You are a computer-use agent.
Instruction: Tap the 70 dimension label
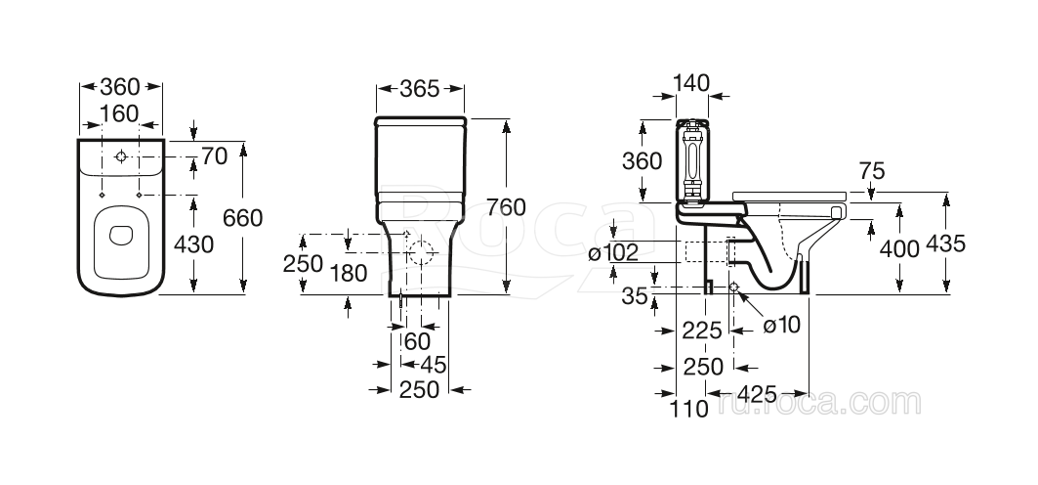(x=216, y=155)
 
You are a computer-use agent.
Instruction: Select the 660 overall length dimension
(x=243, y=217)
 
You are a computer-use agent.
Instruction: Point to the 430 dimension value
(x=194, y=243)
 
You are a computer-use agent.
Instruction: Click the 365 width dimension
(x=420, y=89)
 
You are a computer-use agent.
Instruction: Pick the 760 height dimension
(x=507, y=207)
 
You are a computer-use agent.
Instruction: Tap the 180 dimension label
(x=349, y=273)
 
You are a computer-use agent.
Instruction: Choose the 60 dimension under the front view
(x=417, y=340)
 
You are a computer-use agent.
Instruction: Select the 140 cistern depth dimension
(x=691, y=84)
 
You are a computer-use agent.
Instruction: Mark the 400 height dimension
(x=899, y=248)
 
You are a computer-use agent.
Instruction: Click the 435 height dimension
(x=945, y=243)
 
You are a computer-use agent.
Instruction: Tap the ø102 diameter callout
(x=613, y=253)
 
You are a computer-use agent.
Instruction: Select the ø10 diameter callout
(x=781, y=326)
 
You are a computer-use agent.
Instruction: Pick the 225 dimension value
(x=702, y=331)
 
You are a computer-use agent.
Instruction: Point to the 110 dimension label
(x=689, y=410)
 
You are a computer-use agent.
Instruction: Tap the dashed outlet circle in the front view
(x=422, y=252)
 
